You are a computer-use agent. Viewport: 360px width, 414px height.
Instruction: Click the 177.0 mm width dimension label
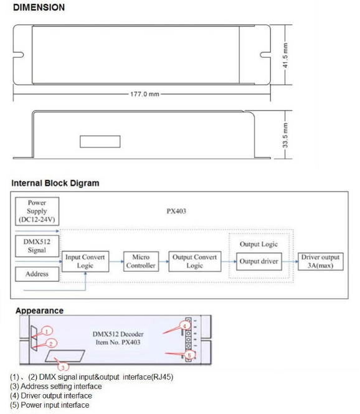click(144, 94)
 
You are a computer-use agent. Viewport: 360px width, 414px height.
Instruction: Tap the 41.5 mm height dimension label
click(285, 55)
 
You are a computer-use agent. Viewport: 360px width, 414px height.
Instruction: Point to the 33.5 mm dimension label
click(285, 135)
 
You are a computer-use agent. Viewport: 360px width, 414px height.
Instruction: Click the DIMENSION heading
click(39, 7)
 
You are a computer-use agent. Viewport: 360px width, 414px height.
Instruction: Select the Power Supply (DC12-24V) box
click(37, 211)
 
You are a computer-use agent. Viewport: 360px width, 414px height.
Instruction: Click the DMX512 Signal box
click(37, 246)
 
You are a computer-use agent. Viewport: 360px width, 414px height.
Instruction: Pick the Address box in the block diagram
click(37, 274)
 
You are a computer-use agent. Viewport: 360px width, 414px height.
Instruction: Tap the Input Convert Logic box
click(85, 261)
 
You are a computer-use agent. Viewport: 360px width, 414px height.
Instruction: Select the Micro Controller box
click(141, 261)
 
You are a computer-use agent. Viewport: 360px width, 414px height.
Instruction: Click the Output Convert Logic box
click(195, 261)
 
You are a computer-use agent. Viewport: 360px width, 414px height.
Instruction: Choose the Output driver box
click(259, 261)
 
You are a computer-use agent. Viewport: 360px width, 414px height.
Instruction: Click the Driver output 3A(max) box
click(321, 261)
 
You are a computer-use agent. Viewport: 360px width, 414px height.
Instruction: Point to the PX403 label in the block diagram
click(176, 211)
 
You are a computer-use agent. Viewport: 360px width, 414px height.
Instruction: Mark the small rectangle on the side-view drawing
click(100, 141)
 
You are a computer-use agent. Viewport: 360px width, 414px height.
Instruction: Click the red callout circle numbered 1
click(47, 331)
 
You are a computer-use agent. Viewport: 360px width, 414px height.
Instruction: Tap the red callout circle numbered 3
click(63, 367)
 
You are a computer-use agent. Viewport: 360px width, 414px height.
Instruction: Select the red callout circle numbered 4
click(184, 326)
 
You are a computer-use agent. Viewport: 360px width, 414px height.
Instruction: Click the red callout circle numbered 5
click(189, 355)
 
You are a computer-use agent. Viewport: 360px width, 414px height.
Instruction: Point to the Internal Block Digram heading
click(55, 183)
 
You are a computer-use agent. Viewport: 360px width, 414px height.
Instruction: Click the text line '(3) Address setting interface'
click(55, 386)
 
